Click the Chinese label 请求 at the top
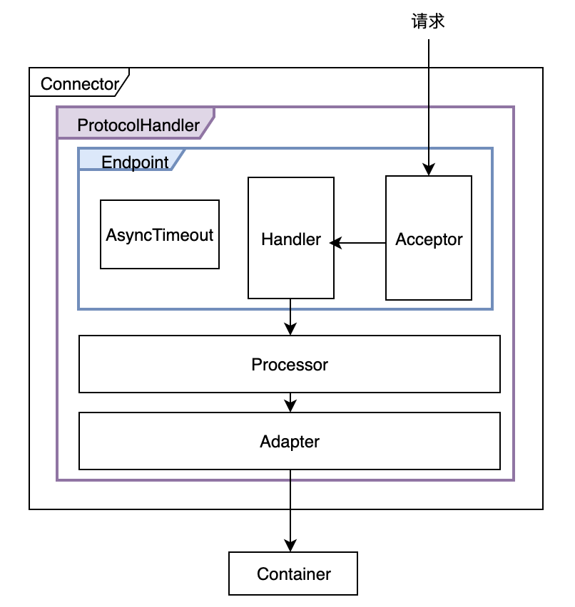pos(428,21)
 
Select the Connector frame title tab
pos(78,83)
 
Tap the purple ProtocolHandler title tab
pos(136,125)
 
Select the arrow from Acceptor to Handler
pos(360,243)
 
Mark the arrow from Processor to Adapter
pos(290,402)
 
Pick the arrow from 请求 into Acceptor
pos(428,107)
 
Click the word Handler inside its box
pos(290,239)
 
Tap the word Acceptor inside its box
pos(429,239)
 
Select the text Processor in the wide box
pos(290,364)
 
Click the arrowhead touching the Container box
pos(290,544)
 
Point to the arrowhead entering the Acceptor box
pos(428,170)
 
